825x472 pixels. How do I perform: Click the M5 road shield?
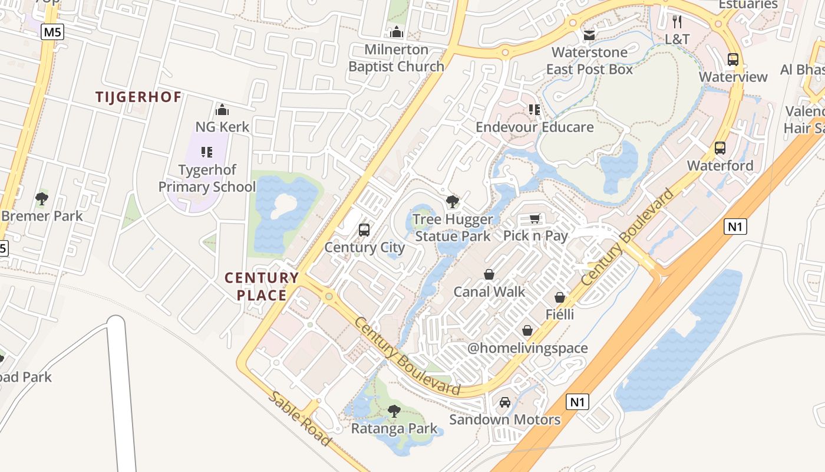52,32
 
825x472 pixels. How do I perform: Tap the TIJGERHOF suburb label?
138,97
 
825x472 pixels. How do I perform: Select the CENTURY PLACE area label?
262,286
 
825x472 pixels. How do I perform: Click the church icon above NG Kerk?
222,110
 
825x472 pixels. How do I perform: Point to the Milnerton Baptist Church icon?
397,32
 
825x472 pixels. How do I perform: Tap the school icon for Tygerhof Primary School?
207,152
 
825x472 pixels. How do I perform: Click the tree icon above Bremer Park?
41,198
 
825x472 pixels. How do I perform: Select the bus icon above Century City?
364,230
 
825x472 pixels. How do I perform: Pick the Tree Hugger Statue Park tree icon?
452,202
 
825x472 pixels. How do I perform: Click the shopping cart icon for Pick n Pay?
535,219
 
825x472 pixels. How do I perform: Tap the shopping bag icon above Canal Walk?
489,274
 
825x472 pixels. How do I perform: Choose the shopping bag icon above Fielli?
560,297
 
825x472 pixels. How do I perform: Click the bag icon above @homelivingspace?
527,331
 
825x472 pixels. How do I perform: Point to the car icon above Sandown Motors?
505,402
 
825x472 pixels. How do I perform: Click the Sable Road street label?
299,418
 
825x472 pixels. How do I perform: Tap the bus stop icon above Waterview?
733,60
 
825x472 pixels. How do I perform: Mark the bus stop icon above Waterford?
720,148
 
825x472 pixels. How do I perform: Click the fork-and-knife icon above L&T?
677,22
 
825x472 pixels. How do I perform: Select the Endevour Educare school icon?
534,109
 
